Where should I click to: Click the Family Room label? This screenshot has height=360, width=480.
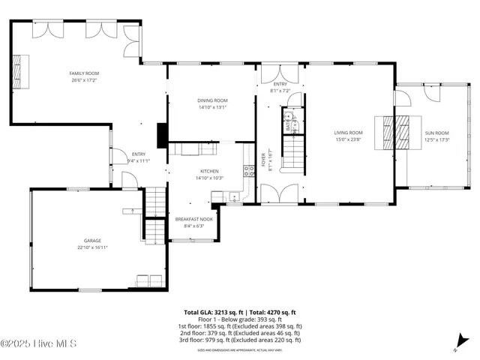click(85, 73)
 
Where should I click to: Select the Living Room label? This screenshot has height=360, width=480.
click(348, 133)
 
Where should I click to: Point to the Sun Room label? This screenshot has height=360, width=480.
click(436, 133)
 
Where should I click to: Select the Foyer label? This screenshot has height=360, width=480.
click(263, 159)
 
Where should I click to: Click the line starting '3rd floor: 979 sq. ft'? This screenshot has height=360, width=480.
click(240, 340)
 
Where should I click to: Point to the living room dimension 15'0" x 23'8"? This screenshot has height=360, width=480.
click(348, 139)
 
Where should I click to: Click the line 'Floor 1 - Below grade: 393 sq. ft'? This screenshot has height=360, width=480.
click(240, 319)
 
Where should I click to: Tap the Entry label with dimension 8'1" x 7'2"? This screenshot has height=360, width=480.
click(280, 86)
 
